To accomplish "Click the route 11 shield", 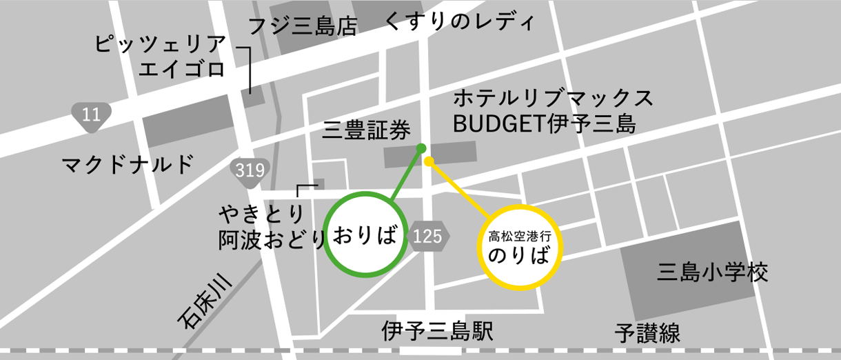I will pos(91,115).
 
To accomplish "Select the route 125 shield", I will pos(428,237).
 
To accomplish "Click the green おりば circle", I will pos(365,234).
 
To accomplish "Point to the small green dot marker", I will pos(421,148).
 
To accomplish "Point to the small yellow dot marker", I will pos(428,161).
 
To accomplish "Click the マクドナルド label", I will pos(127,165).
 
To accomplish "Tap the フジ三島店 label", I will pos(303,27).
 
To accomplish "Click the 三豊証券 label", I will pos(367,129).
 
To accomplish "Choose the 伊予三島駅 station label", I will pos(437,332).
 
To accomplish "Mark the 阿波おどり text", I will pos(272,239).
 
